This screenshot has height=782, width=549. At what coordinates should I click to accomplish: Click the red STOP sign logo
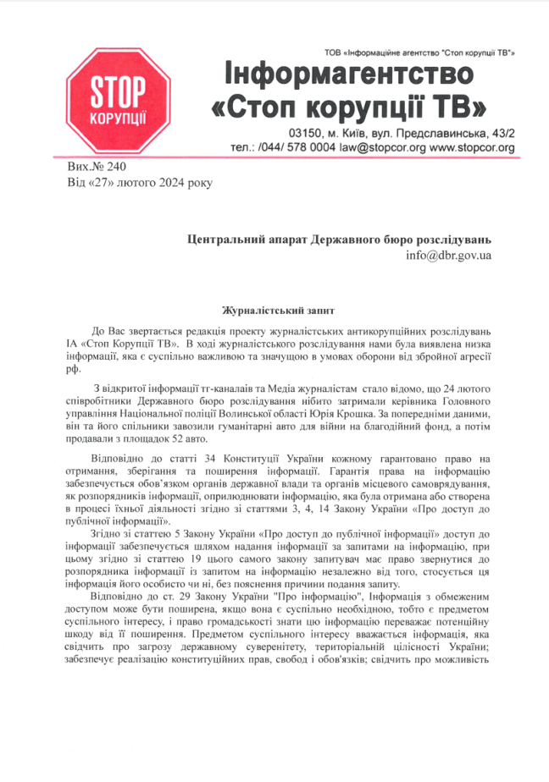119,100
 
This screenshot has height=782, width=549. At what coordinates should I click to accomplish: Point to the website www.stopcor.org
473,147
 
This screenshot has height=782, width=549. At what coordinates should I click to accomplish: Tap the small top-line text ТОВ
334,53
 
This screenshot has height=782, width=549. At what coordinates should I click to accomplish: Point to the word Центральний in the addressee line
223,239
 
